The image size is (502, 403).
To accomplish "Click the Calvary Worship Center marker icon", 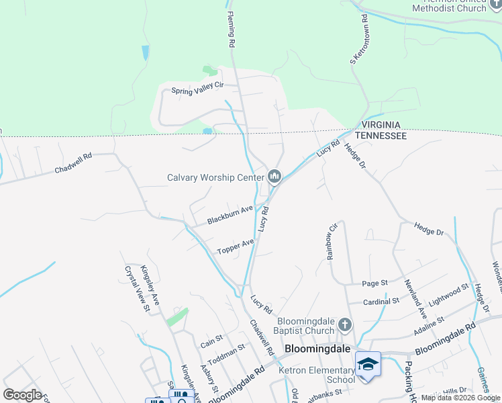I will pyautogui.click(x=274, y=177).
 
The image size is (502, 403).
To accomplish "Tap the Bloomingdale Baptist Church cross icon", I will pyautogui.click(x=345, y=325).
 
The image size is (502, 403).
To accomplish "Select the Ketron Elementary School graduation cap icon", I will pyautogui.click(x=368, y=363).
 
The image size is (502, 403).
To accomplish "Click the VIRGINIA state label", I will pyautogui.click(x=381, y=126).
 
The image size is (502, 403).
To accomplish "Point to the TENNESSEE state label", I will pyautogui.click(x=381, y=136).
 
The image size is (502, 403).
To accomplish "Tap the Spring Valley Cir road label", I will pyautogui.click(x=196, y=90).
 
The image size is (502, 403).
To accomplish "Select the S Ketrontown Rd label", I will pyautogui.click(x=360, y=40).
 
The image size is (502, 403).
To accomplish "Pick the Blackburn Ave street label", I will pyautogui.click(x=230, y=215).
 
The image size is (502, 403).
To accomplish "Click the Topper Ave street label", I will pyautogui.click(x=235, y=247).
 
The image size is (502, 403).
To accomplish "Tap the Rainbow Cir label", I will pyautogui.click(x=330, y=242).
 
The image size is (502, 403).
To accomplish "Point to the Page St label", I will pyautogui.click(x=375, y=283).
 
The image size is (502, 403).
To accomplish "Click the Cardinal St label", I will pyautogui.click(x=380, y=302).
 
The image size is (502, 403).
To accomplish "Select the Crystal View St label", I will pyautogui.click(x=135, y=289).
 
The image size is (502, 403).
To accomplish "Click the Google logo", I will pyautogui.click(x=22, y=395).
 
